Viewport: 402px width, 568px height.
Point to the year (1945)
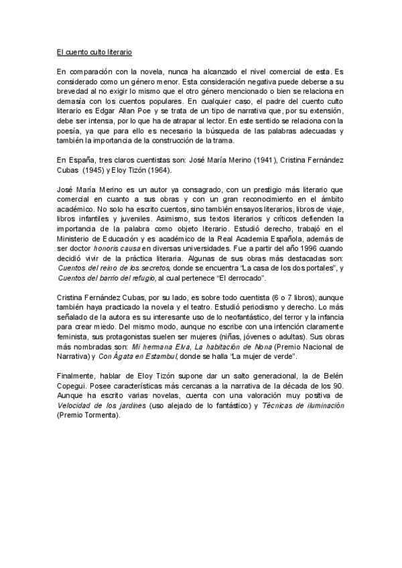(94, 169)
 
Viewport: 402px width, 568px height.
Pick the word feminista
(75, 337)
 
